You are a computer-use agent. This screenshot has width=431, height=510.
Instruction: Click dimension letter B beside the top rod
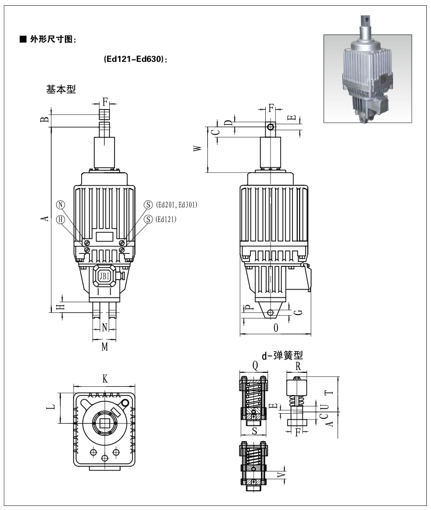tap(43, 119)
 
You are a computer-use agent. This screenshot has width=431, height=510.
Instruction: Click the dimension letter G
tap(297, 312)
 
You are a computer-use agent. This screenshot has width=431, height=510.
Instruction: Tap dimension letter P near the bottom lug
tap(248, 308)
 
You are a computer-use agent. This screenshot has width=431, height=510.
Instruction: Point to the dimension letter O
tap(275, 329)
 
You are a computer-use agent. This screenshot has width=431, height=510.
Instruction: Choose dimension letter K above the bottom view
tap(105, 379)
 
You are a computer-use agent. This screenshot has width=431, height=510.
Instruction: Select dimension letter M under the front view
tap(105, 347)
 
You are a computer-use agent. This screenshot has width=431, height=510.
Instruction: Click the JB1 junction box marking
tap(105, 275)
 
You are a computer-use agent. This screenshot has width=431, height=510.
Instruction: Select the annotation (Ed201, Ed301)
tap(177, 204)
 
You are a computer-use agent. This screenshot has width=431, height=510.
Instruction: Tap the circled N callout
tap(60, 204)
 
